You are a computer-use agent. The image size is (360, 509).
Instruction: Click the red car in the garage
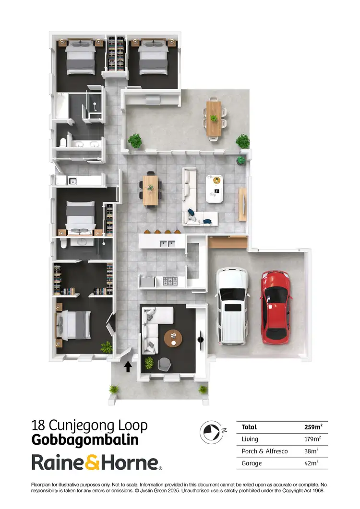pyautogui.click(x=275, y=308)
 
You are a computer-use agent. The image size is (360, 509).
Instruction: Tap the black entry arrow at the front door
pyautogui.click(x=128, y=367)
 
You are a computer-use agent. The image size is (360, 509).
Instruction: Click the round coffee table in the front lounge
pyautogui.click(x=173, y=338)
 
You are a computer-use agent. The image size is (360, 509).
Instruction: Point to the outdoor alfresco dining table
pyautogui.click(x=214, y=118)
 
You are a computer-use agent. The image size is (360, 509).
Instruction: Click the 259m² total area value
pyautogui.click(x=313, y=427)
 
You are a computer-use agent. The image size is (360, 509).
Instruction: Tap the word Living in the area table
pyautogui.click(x=250, y=439)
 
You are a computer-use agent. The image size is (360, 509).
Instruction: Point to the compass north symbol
pyautogui.click(x=209, y=430)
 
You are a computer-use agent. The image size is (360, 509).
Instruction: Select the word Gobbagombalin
pyautogui.click(x=85, y=439)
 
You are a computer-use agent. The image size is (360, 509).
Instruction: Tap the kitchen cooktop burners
pyautogui.click(x=170, y=280)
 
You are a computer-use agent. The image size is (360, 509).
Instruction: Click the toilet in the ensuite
pyautogui.click(x=63, y=243)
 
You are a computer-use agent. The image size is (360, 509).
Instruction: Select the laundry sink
pyautogui.click(x=72, y=181)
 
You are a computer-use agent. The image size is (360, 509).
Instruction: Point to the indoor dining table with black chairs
pyautogui.click(x=150, y=189)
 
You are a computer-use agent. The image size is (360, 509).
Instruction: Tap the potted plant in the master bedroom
pyautogui.click(x=107, y=346)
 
